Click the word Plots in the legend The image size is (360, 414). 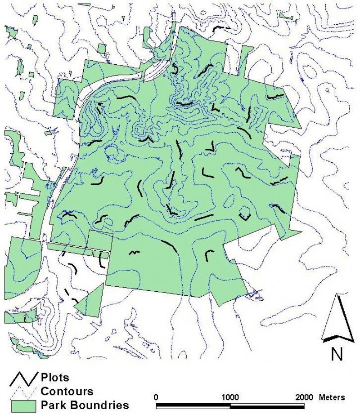(55, 377)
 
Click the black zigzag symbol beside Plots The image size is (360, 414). (23, 380)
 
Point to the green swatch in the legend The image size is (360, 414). (23, 404)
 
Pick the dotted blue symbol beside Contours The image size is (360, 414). (23, 392)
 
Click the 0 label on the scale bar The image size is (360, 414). (156, 397)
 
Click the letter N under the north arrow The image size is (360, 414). (336, 354)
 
